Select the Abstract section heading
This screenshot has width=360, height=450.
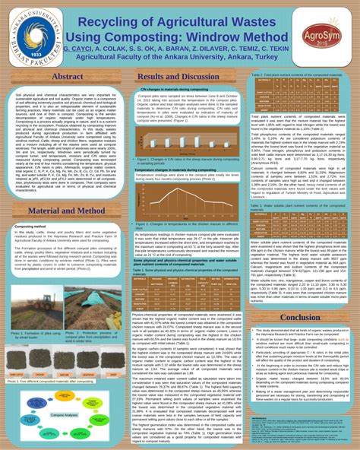[67, 77]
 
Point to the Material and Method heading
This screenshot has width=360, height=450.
[67, 210]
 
